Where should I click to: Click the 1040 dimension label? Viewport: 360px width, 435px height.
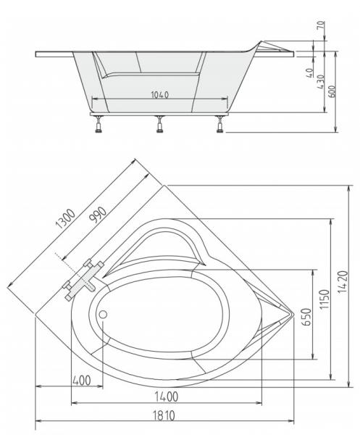160,95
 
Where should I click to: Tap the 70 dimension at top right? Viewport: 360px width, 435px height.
320,25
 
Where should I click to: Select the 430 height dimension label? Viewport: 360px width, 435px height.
320,81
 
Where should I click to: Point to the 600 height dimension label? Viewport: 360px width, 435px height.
332,91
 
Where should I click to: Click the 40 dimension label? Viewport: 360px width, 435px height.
311,73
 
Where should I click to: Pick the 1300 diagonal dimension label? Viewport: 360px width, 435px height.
65,219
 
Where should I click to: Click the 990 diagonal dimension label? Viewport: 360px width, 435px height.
98,215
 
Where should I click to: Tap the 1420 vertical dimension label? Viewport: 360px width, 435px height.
343,281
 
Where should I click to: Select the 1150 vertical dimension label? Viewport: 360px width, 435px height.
325,299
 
